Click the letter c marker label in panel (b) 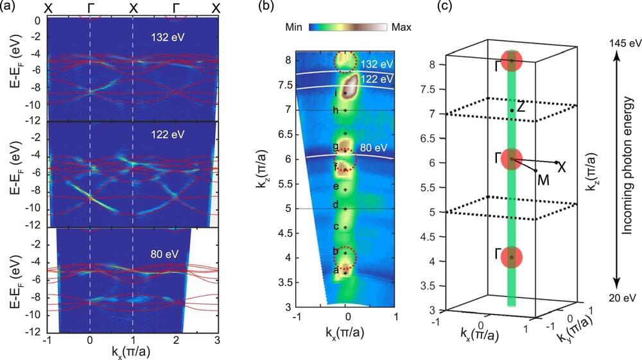335,227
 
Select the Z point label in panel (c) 521,107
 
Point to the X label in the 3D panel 562,167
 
